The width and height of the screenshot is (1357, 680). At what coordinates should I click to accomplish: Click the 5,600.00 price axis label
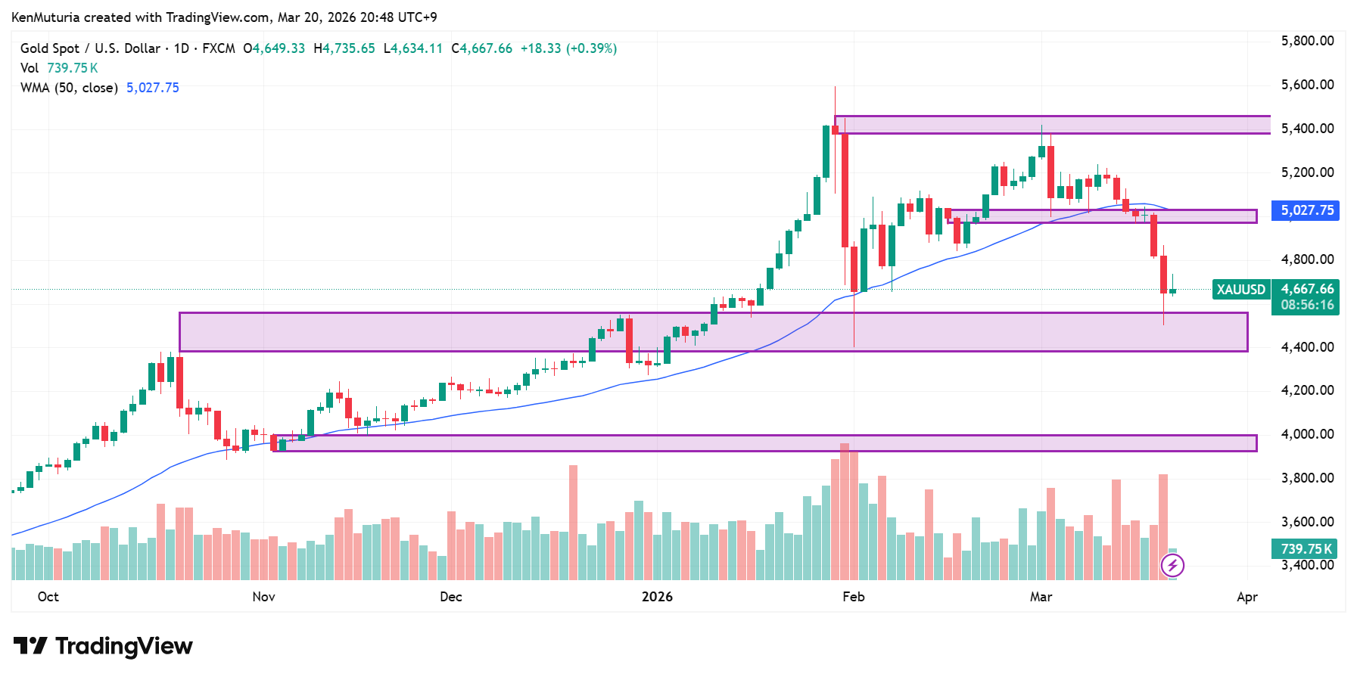(x=1307, y=85)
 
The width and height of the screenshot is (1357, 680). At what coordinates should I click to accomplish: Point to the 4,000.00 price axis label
(x=1307, y=434)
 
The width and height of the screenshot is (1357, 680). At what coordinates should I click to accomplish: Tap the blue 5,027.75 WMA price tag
(x=1306, y=210)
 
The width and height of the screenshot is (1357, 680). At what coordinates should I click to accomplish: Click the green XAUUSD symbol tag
(x=1240, y=290)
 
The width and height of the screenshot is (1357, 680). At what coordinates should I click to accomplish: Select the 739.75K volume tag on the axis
(x=1306, y=549)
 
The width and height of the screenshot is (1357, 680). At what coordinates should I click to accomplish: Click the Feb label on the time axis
(x=853, y=597)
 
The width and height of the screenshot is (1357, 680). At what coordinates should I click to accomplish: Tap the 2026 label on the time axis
(x=656, y=597)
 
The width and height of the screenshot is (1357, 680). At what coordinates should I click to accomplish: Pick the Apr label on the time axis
(x=1247, y=597)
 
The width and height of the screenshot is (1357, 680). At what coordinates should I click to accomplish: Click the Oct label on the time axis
(x=48, y=597)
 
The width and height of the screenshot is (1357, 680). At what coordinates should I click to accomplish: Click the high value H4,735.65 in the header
(x=344, y=48)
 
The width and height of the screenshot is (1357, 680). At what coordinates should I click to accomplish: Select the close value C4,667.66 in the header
(x=482, y=48)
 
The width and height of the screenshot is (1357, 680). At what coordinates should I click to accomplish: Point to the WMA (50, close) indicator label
(x=69, y=88)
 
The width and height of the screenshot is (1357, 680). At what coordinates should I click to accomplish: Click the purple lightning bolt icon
(x=1172, y=565)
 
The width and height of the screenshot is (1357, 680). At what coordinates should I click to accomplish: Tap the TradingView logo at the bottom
(x=104, y=646)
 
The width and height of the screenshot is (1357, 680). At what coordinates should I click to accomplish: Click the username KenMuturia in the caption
(x=45, y=17)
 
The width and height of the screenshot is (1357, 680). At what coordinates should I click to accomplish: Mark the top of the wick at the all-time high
(x=835, y=87)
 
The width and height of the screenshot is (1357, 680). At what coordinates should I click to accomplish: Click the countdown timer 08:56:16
(x=1307, y=305)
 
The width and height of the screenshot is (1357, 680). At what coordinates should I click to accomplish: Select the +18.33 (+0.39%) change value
(x=568, y=48)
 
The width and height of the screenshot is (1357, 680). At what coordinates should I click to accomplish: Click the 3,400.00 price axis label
(x=1307, y=565)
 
